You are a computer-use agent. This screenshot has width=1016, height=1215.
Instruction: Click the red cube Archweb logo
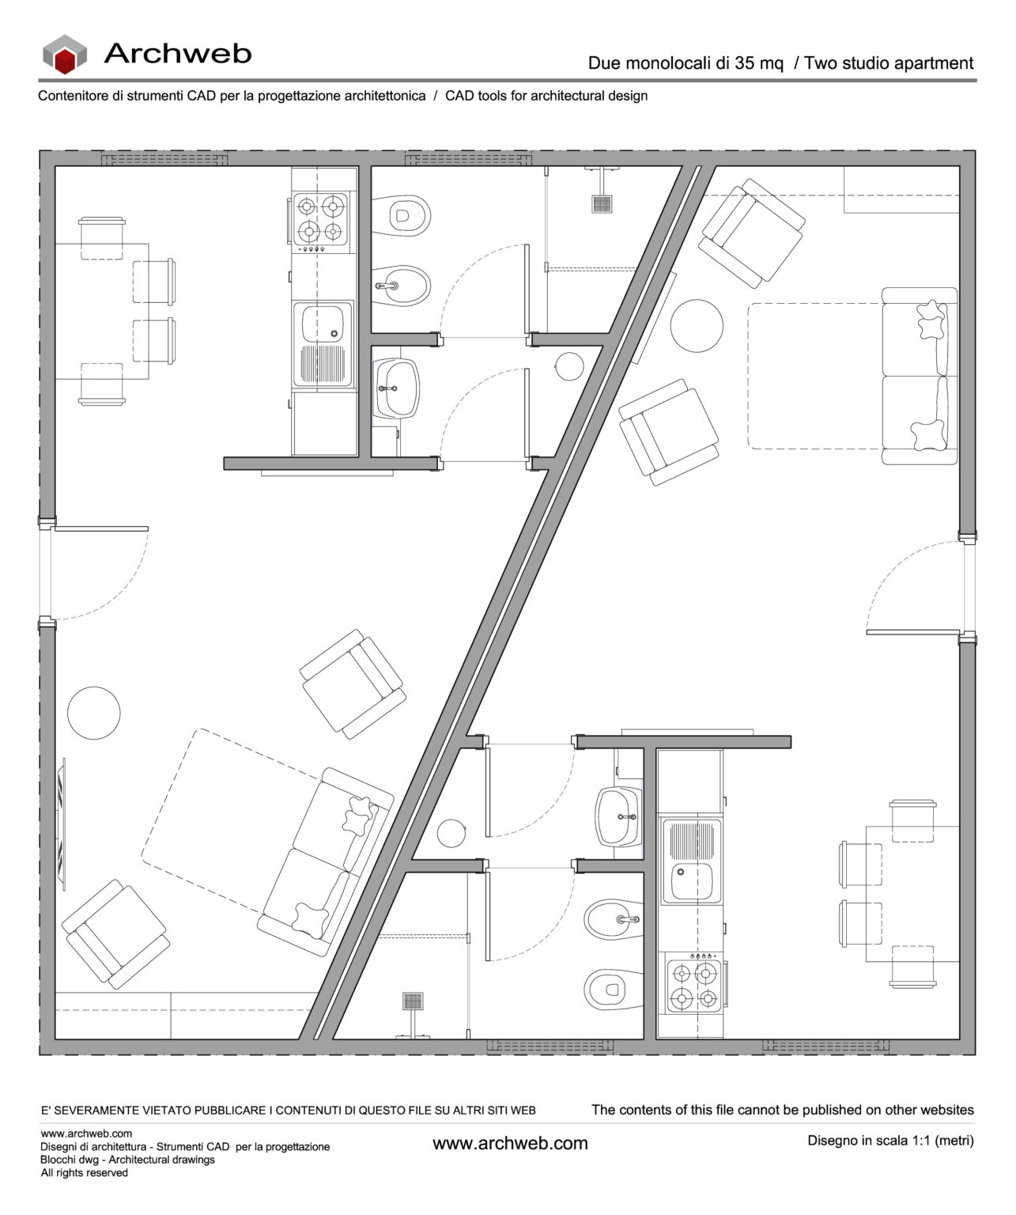65,55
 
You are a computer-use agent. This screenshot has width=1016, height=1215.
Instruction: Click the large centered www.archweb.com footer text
510,1143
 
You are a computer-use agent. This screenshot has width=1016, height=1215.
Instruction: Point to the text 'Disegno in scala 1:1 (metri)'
890,1141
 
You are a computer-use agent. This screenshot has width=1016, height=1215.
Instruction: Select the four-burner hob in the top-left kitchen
321,221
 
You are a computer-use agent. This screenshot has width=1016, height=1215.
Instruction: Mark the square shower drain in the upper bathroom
602,203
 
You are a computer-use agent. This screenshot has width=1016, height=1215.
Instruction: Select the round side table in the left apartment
94,711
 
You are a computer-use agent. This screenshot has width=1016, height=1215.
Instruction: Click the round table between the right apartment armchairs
697,327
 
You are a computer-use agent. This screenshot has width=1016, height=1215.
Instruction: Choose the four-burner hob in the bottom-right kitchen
693,985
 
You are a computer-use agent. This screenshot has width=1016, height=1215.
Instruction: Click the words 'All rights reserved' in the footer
85,1172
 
